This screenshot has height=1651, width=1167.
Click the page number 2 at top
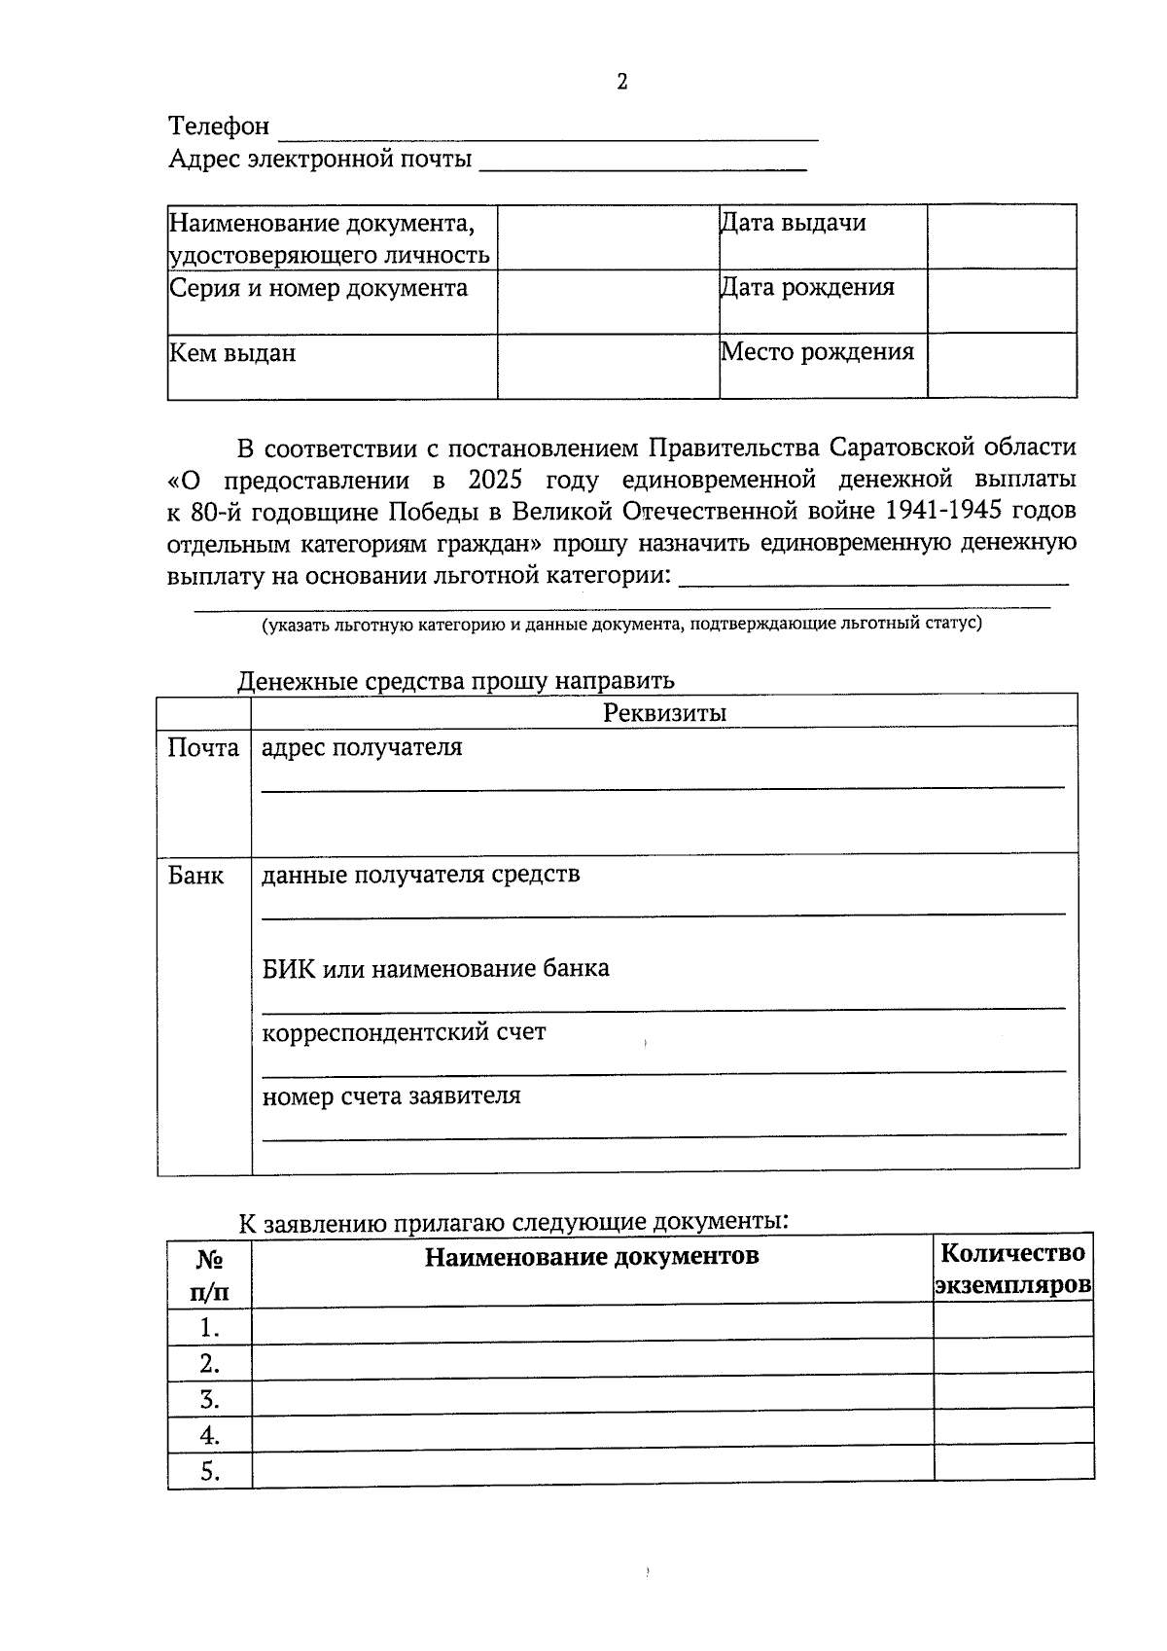tap(622, 82)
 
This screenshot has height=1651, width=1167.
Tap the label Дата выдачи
tap(793, 224)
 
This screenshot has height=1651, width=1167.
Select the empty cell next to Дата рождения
tap(1002, 301)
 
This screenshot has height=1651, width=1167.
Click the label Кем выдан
tap(232, 353)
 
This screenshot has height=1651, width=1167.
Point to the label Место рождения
tap(817, 352)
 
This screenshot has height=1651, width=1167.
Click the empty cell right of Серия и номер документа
tap(608, 302)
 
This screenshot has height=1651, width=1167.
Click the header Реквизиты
tap(664, 712)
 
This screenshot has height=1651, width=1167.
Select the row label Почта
tap(203, 748)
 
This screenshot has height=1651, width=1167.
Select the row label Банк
tap(195, 876)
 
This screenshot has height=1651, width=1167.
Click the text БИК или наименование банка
tap(436, 969)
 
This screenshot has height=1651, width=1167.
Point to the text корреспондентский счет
tap(404, 1032)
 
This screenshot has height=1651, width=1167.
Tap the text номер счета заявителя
tap(391, 1096)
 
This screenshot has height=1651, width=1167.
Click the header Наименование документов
tap(591, 1256)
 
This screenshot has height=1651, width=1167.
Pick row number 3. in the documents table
tap(209, 1400)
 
